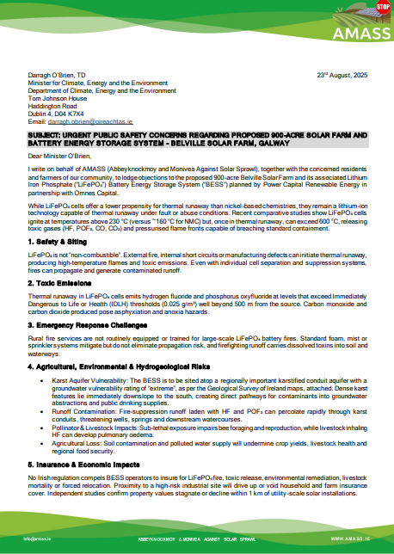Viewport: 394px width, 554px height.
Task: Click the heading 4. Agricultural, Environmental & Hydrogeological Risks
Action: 118,343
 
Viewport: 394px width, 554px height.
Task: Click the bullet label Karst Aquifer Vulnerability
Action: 89,354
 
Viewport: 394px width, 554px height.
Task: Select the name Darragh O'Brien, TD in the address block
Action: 58,76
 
